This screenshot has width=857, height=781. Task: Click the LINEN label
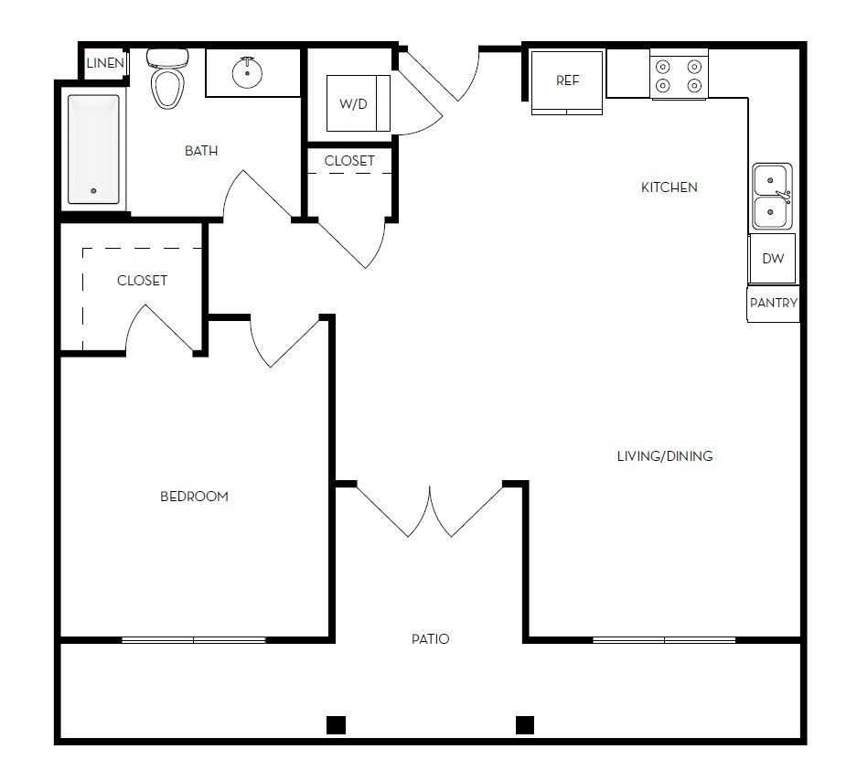tap(105, 64)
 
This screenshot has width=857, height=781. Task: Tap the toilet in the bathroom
tap(166, 80)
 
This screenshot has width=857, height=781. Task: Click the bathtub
tap(93, 150)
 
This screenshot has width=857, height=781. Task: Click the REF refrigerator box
tap(567, 82)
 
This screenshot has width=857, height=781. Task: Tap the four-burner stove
tap(680, 76)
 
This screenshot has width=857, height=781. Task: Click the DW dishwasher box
tap(773, 259)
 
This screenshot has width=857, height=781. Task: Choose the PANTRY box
tap(774, 303)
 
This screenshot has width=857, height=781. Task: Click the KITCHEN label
tap(669, 187)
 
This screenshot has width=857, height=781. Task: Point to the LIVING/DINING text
tap(664, 456)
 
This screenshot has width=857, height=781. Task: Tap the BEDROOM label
tap(194, 497)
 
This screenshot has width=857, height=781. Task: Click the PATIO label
tap(430, 639)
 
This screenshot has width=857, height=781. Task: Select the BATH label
tap(201, 151)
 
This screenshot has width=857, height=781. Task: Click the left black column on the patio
tap(336, 725)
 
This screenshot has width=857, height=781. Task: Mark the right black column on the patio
tap(524, 725)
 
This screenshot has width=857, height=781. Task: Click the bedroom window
tap(193, 640)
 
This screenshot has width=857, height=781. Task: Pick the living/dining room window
tap(664, 640)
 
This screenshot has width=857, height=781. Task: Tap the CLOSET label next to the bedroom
tap(142, 281)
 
